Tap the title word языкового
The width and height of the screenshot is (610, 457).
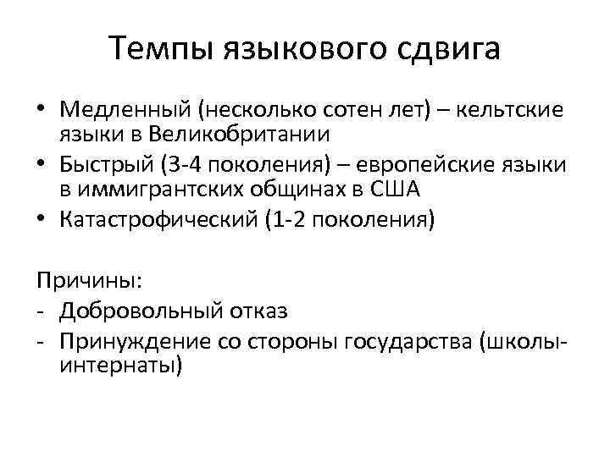pyautogui.click(x=308, y=48)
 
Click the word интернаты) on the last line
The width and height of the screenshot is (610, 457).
pyautogui.click(x=120, y=365)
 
